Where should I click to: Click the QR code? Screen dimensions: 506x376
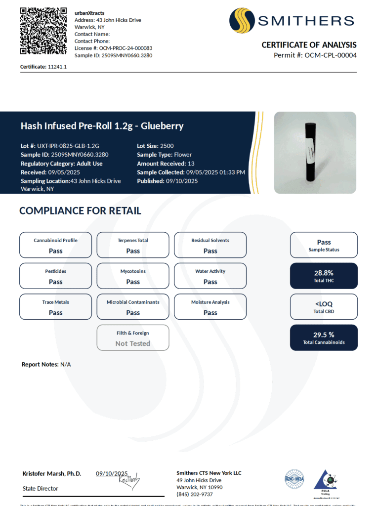click(43, 31)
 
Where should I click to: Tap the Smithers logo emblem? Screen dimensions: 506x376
click(241, 21)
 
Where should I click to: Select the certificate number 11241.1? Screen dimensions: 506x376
click(57, 67)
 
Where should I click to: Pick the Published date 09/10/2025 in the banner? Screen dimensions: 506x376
click(182, 181)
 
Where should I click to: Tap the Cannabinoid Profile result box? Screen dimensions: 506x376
click(55, 245)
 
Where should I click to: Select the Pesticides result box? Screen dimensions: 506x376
click(55, 276)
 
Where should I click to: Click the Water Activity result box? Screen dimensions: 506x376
click(210, 276)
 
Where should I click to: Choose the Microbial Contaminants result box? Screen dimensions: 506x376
click(133, 307)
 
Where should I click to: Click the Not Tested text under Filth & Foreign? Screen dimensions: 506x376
click(133, 343)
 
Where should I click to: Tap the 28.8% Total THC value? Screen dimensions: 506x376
click(324, 273)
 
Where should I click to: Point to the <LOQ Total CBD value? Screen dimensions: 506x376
click(324, 304)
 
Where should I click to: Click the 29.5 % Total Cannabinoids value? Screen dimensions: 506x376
click(324, 335)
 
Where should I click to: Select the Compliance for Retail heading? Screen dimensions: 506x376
click(80, 211)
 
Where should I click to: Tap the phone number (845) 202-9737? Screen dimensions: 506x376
click(195, 494)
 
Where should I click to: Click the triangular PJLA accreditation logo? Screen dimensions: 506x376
click(325, 482)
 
